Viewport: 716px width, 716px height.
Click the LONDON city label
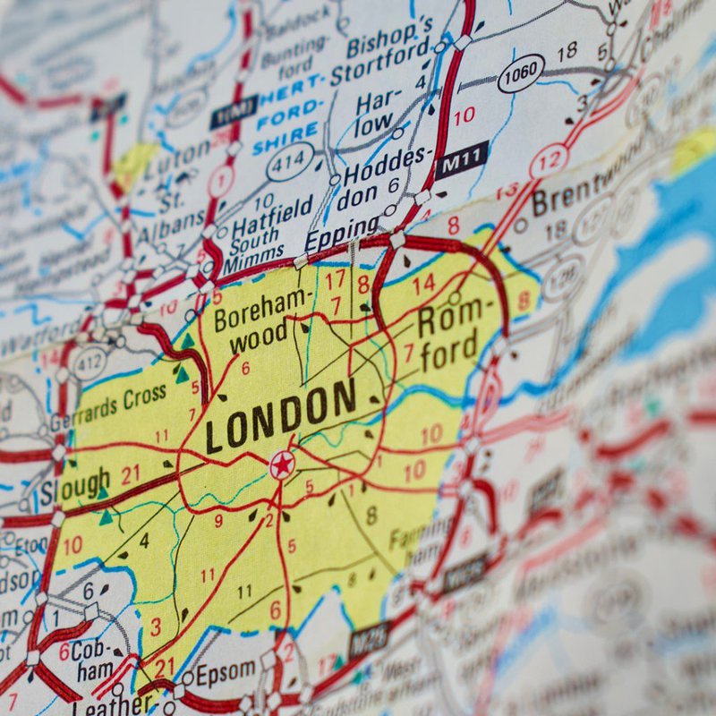pos(280,416)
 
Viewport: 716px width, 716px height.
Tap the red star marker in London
pos(282,465)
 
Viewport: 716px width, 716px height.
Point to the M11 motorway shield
pos(461,160)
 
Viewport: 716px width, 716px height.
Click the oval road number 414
pos(291,162)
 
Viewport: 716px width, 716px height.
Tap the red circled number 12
pos(549,162)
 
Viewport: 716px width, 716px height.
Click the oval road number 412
pos(89,362)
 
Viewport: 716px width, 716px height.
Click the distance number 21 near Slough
pos(131,474)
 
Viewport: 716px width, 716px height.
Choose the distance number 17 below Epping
pos(335,279)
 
